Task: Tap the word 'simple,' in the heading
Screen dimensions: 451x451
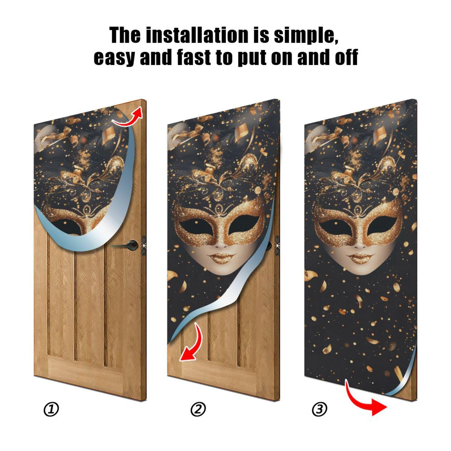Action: coord(306,36)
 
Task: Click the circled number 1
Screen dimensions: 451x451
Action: coord(51,409)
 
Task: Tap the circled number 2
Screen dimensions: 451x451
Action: coord(198,409)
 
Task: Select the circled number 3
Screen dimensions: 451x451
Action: coord(319,409)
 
